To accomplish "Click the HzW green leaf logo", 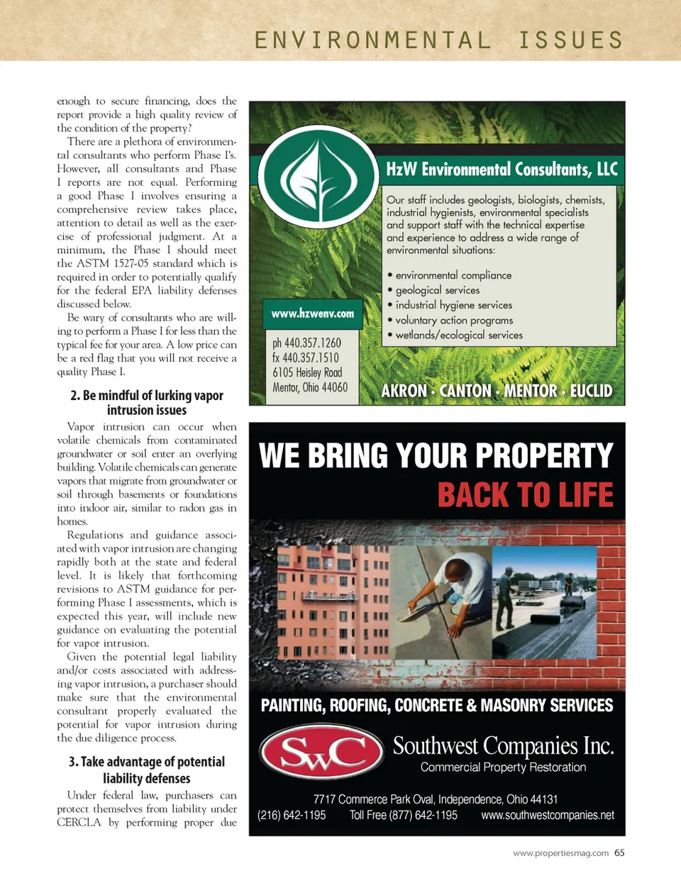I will [x=317, y=176].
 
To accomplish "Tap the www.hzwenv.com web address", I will [x=312, y=313].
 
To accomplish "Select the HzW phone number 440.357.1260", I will [x=306, y=343].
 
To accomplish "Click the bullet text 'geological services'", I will [x=437, y=290].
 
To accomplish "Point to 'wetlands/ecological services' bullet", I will [x=458, y=335].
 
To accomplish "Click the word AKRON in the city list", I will [x=404, y=391].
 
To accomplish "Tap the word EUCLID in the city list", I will [x=591, y=391].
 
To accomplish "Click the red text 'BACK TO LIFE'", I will [x=525, y=495].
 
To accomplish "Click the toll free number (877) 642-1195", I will [x=403, y=816].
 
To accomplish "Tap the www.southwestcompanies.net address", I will [x=548, y=816].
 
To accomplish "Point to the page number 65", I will [x=619, y=853].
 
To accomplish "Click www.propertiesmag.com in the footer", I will [x=560, y=853].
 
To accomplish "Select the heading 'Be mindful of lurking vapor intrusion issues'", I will [x=147, y=402].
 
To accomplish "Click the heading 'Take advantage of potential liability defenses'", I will [x=147, y=770].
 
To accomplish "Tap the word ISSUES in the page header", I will [x=570, y=40].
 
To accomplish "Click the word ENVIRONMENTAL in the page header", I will [x=373, y=40].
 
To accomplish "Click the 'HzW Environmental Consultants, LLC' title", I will [x=502, y=170].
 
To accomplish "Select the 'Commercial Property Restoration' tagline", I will [x=503, y=767].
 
